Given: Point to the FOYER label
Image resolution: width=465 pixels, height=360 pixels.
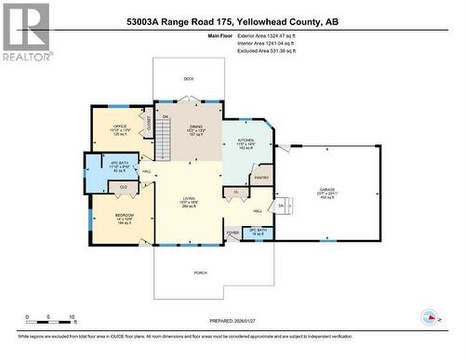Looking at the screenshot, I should click(x=232, y=233).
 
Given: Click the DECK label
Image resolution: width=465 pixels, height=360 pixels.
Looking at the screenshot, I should click(x=189, y=79).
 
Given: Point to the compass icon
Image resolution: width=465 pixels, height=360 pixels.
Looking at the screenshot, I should click(x=430, y=315).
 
